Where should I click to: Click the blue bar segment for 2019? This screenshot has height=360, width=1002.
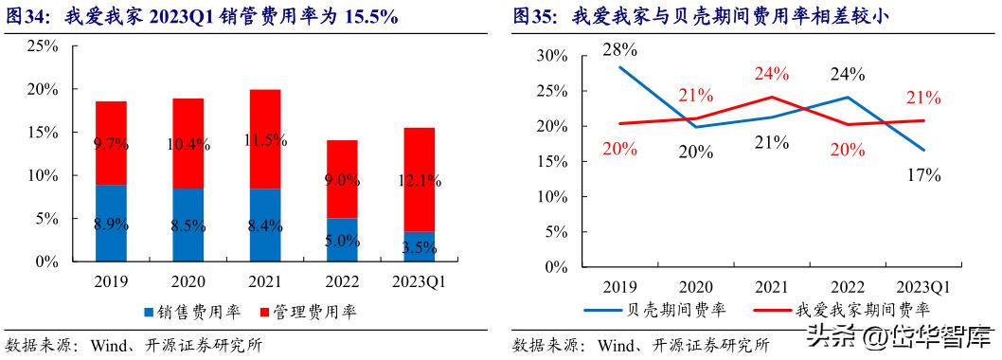click(x=111, y=224)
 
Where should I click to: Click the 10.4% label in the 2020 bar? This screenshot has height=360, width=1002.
click(x=188, y=144)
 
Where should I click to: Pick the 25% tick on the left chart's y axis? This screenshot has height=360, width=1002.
click(x=43, y=45)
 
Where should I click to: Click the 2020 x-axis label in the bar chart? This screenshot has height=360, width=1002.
click(x=188, y=281)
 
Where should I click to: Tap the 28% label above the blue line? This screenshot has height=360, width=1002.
click(x=621, y=47)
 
